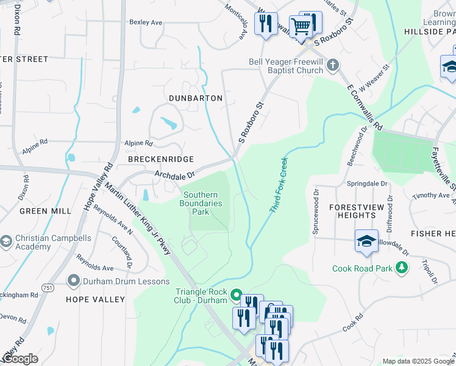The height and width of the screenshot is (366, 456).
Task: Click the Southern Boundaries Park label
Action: (x=201, y=203)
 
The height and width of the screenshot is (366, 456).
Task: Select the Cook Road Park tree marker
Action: (x=402, y=268)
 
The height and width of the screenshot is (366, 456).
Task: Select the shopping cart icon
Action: (x=301, y=26)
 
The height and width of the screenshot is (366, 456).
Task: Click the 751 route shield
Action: (x=46, y=287)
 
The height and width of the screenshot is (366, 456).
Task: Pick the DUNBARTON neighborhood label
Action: (x=196, y=98)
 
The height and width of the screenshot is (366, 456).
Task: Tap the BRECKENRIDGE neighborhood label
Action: (x=152, y=159)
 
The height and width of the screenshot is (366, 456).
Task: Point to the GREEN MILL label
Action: (x=45, y=211)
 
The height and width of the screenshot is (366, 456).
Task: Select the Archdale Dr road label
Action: (x=174, y=174)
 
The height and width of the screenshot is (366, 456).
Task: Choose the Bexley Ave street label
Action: (x=146, y=22)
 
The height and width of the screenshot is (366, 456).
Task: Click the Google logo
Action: (x=20, y=359)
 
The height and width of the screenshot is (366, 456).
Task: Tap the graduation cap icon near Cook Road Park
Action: (x=366, y=242)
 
